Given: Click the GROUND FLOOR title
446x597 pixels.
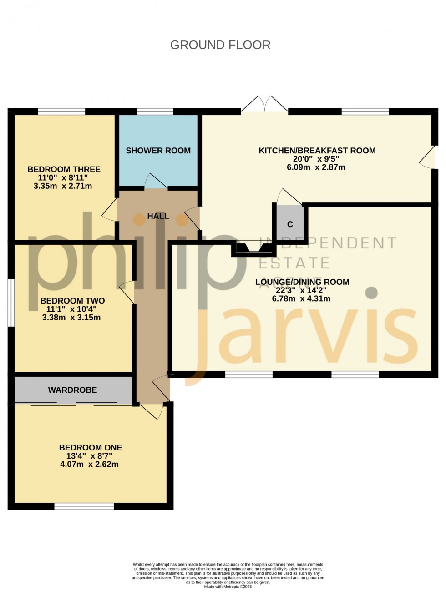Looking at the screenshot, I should coord(220,45).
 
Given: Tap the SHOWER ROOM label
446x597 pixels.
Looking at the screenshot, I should coord(158,151).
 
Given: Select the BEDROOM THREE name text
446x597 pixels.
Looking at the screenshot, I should coord(64,169).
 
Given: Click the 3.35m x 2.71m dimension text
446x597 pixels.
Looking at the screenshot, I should coord(63,186).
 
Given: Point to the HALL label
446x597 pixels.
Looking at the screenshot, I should coord(158,216).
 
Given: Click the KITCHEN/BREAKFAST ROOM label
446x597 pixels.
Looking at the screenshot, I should coord(317,151).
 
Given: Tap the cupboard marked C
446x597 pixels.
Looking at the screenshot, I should coord(290,224).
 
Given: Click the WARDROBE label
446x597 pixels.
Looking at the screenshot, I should coord(73,390).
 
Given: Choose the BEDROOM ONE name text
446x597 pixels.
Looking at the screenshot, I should coord(91,448).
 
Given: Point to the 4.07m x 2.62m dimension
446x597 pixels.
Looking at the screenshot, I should coord(89,465).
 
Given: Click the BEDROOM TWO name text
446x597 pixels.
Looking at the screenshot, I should coord(72,301).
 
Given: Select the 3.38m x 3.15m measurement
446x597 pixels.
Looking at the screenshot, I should coord(71,318).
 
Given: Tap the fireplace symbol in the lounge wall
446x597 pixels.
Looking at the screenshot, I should coord(253,248).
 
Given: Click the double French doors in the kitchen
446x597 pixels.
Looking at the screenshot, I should coord(264,105).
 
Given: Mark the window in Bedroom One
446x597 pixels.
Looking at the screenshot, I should coord(84,506).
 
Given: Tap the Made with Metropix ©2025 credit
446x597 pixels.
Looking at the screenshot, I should coord(228,587).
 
